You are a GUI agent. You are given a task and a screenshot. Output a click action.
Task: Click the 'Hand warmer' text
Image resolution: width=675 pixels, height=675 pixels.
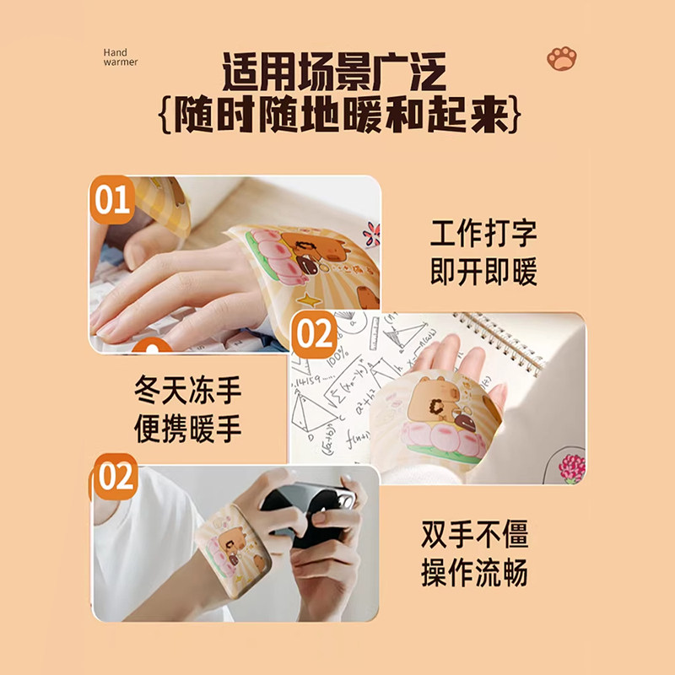(120, 57)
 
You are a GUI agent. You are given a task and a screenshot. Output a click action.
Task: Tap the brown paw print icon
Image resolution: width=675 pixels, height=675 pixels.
(561, 58)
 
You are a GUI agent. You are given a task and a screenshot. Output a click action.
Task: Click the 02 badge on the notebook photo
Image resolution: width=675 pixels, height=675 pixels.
(314, 335)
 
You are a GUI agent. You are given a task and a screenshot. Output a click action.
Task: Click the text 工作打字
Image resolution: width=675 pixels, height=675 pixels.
(483, 234)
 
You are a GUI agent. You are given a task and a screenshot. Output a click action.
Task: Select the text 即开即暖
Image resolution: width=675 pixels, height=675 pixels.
(483, 273)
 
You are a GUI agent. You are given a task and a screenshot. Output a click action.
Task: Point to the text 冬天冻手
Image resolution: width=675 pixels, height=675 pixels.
(187, 390)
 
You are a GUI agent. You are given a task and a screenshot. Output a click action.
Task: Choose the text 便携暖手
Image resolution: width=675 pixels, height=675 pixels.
(187, 429)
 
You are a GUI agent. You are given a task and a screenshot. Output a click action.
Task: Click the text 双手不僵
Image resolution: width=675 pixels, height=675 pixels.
(474, 534)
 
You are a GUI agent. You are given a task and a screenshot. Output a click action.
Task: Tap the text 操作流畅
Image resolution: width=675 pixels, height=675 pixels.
(474, 573)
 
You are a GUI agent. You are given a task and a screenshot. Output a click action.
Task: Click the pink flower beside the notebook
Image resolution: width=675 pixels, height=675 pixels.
(571, 467)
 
